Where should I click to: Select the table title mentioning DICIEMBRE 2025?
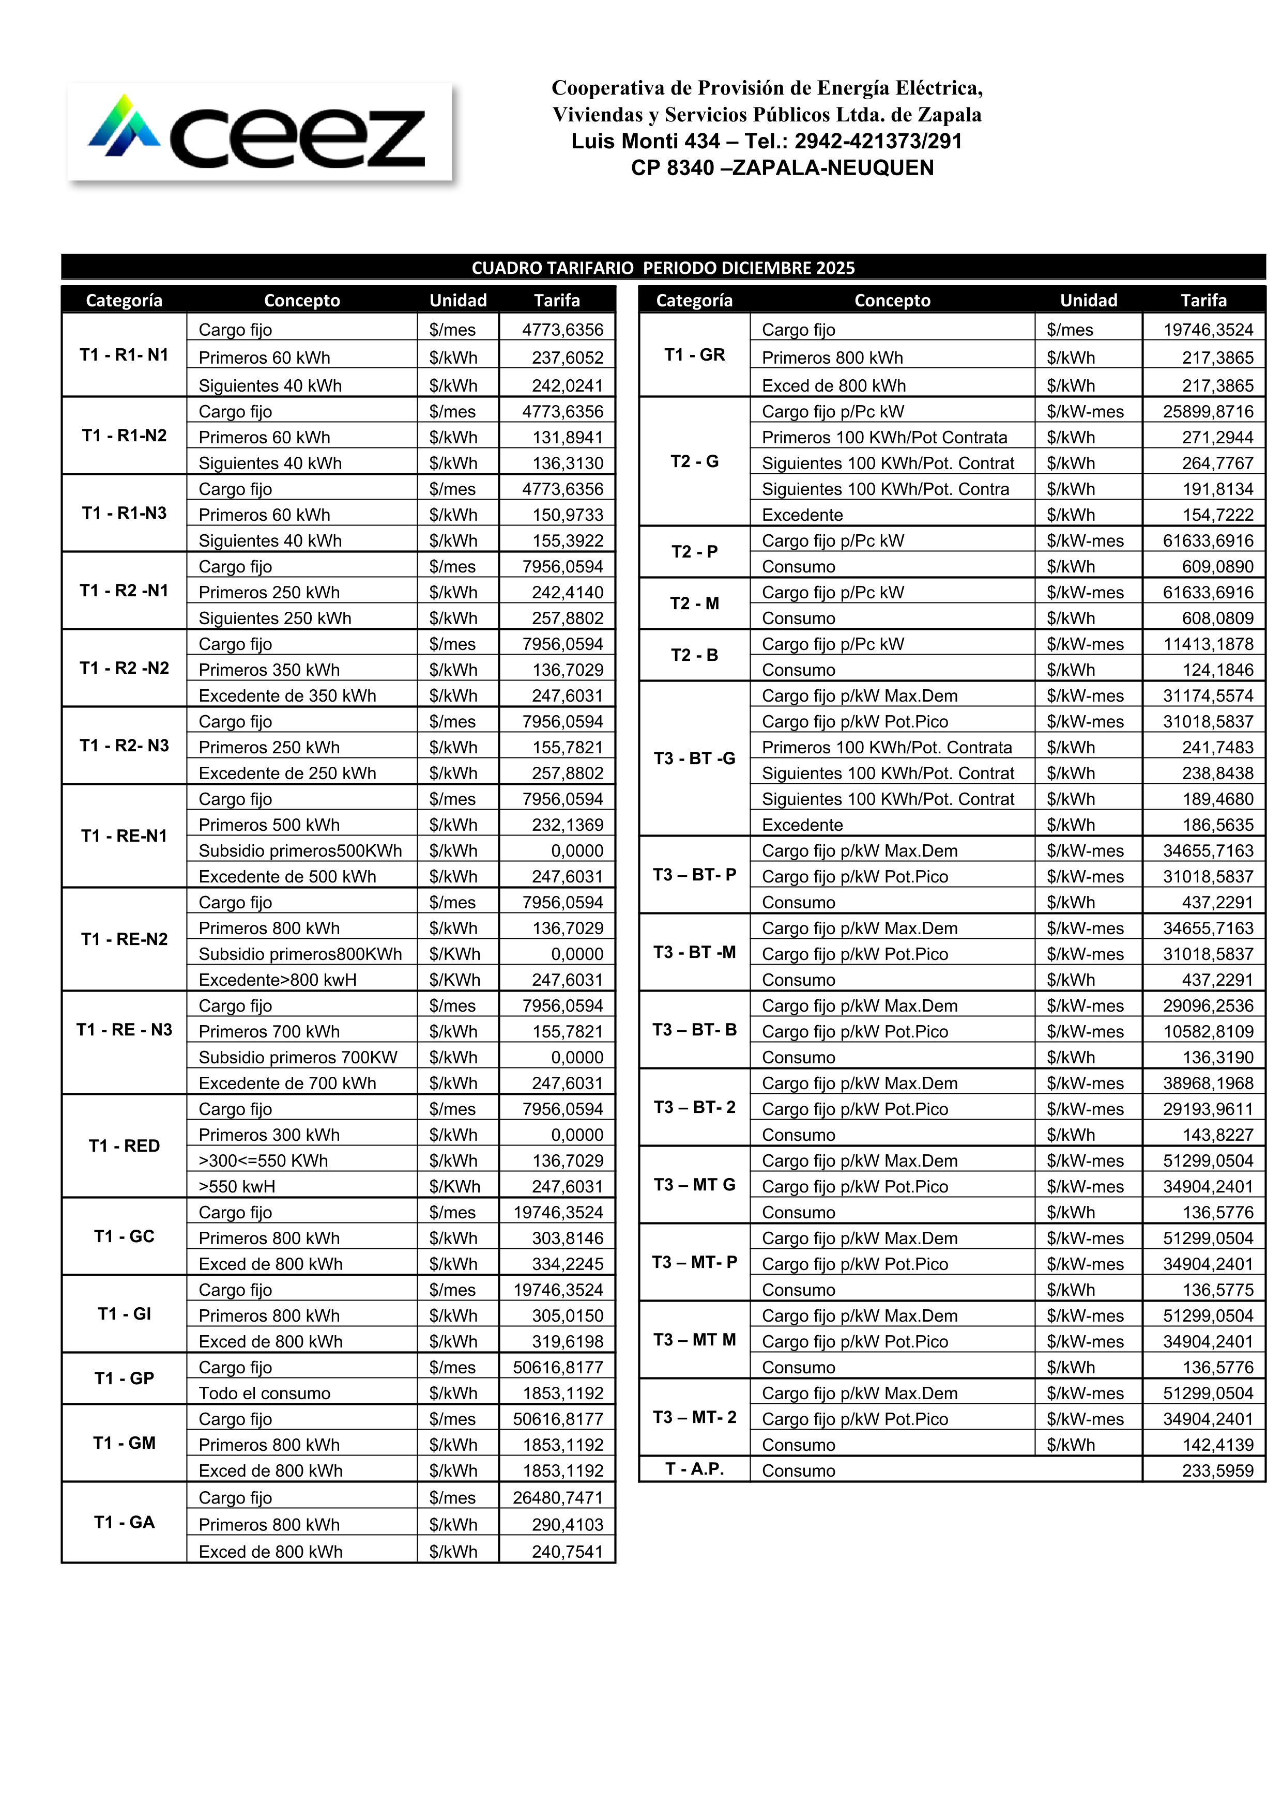point(663,268)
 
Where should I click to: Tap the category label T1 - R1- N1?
point(124,355)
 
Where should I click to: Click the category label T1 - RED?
point(124,1146)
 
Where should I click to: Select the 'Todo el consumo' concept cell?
point(265,1393)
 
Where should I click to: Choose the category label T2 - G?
point(695,462)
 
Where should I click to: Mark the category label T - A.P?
point(695,1469)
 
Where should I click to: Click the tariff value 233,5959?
point(1217,1470)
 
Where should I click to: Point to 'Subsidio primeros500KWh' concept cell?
point(300,851)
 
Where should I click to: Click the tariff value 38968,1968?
point(1208,1083)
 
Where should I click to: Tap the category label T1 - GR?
point(695,355)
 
